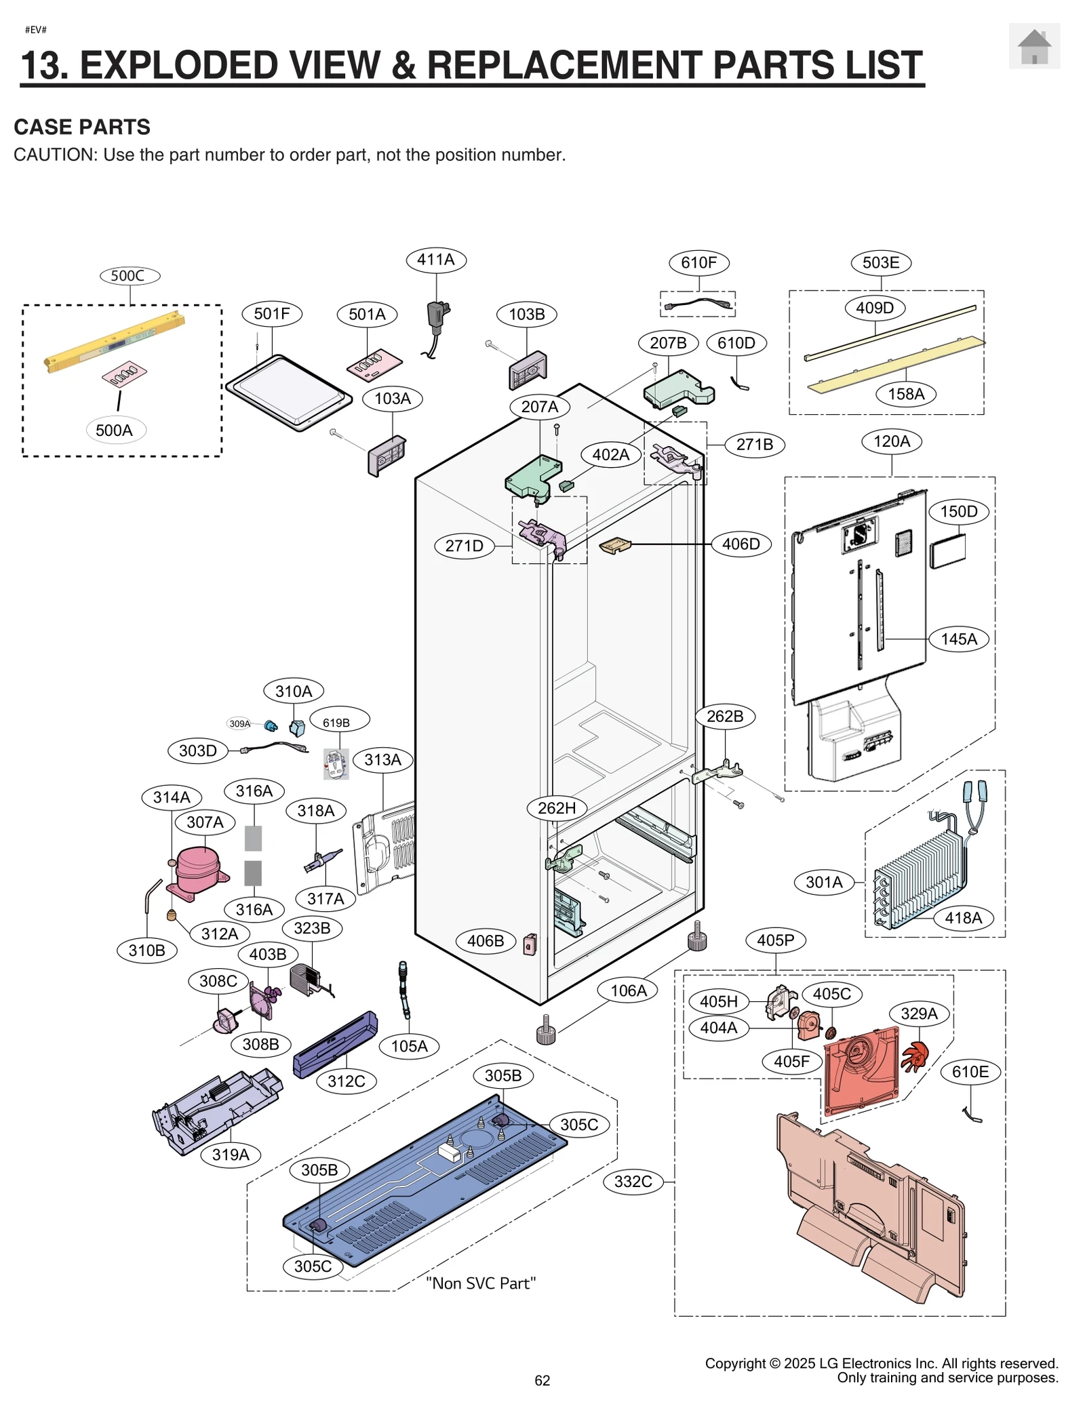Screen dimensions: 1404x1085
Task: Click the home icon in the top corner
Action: point(1033,46)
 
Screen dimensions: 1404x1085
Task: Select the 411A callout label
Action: point(436,260)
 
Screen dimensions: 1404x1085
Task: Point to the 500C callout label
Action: point(129,276)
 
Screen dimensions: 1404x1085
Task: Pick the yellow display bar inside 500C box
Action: point(114,342)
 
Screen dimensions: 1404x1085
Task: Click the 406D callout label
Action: point(741,544)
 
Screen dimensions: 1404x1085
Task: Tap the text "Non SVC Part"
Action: point(480,1283)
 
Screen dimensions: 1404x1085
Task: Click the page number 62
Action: point(542,1380)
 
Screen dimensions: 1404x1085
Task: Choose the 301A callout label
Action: point(824,882)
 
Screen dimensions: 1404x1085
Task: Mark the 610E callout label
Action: point(970,1072)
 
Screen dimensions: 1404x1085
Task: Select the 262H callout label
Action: point(557,807)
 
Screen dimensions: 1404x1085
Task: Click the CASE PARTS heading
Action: point(82,127)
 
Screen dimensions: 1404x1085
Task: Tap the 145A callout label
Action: point(958,639)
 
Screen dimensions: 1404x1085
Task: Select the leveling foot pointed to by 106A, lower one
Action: point(546,1034)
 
